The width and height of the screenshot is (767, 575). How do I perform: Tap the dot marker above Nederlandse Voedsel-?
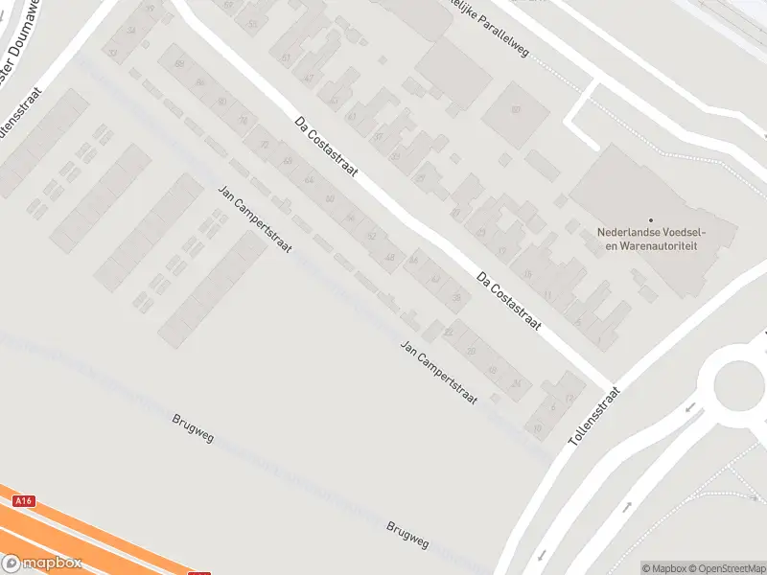[x=650, y=219]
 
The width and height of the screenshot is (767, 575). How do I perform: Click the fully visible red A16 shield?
[x=23, y=501]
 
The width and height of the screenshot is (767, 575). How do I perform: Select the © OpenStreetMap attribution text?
[x=728, y=568]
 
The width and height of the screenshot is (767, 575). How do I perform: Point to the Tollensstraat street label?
[x=595, y=415]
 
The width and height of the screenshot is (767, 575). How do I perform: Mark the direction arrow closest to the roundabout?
[x=689, y=407]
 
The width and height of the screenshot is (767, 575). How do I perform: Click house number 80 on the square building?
[x=515, y=110]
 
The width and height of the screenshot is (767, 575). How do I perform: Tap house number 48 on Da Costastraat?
[x=389, y=258]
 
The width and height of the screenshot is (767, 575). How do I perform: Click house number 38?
[x=456, y=298]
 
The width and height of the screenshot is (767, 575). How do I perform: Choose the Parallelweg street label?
[x=484, y=13]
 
